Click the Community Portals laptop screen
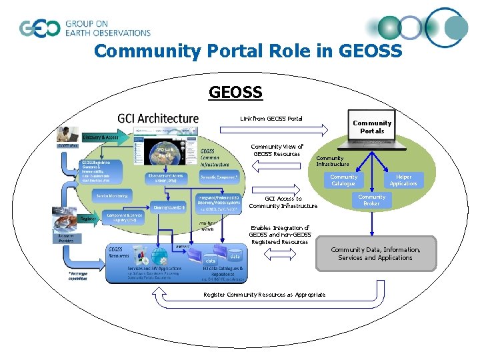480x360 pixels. (x=372, y=126)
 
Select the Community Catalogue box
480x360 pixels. (x=344, y=180)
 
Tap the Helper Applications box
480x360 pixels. (x=403, y=180)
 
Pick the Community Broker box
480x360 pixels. (x=371, y=200)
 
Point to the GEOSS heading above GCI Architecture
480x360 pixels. (x=235, y=91)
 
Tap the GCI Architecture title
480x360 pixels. (x=158, y=118)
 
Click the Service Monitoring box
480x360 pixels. (x=112, y=196)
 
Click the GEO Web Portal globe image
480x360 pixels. (x=165, y=154)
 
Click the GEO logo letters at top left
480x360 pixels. (x=40, y=28)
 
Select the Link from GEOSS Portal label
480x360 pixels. (x=271, y=119)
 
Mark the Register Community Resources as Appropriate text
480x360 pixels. (x=265, y=295)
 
